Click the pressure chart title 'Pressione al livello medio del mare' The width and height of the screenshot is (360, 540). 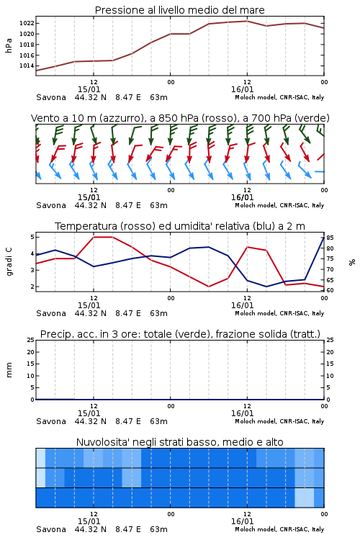pos(179,10)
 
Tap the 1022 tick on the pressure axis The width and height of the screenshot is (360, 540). pos(27,24)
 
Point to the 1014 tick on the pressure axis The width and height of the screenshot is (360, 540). pos(27,66)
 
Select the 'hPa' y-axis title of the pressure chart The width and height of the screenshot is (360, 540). pos(9,45)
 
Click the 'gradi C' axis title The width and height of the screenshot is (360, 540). pos(9,261)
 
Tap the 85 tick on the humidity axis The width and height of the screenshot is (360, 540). pos(330,238)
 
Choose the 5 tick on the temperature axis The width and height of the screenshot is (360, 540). pos(32,237)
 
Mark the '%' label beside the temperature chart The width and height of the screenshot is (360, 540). pos(352,262)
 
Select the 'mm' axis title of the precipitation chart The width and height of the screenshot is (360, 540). pos(9,370)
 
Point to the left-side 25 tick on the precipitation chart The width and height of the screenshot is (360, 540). pos(31,340)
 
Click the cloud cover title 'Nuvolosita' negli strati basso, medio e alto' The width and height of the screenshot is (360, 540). pos(179,442)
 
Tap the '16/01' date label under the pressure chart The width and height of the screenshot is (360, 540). pos(242,89)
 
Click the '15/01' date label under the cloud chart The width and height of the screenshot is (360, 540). pos(89,521)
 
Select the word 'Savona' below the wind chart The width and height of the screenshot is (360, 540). pos(51,205)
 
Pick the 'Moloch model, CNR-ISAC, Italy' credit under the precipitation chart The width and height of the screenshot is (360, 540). pos(279,421)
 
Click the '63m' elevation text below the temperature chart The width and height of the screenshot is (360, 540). pos(158,313)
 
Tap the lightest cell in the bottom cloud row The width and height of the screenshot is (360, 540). pos(304,498)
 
